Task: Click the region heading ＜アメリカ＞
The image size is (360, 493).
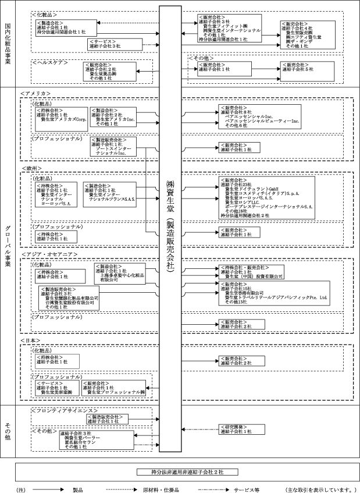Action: [35, 94]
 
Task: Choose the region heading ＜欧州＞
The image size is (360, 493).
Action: [31, 168]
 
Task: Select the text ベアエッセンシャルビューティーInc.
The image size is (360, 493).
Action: [262, 121]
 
